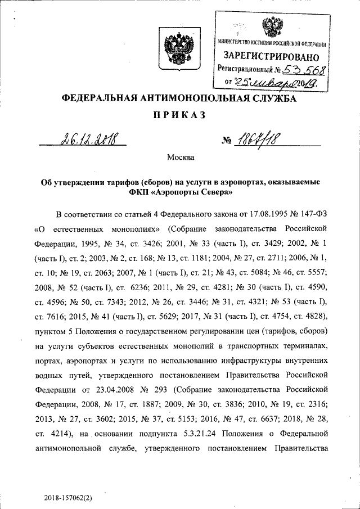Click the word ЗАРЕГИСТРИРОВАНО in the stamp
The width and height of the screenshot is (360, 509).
coord(271,57)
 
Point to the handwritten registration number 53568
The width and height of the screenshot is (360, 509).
coord(304,70)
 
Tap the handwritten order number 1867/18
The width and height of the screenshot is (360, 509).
coord(258,138)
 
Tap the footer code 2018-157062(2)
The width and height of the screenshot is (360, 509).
coord(72,498)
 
